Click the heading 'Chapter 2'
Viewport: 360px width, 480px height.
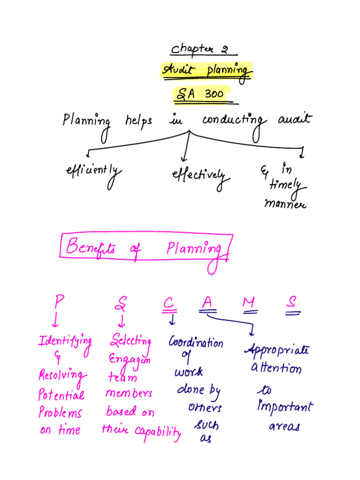click(x=203, y=49)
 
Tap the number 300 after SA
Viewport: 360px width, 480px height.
click(x=214, y=94)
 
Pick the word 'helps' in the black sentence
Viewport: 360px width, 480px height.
click(x=138, y=121)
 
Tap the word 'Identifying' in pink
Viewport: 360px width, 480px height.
click(x=65, y=342)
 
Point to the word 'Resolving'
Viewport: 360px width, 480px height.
click(x=62, y=375)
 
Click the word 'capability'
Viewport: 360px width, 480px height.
click(x=158, y=432)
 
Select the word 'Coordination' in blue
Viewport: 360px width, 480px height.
click(x=196, y=343)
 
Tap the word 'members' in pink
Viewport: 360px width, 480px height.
click(x=128, y=393)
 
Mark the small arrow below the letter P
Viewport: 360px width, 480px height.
click(x=55, y=320)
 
